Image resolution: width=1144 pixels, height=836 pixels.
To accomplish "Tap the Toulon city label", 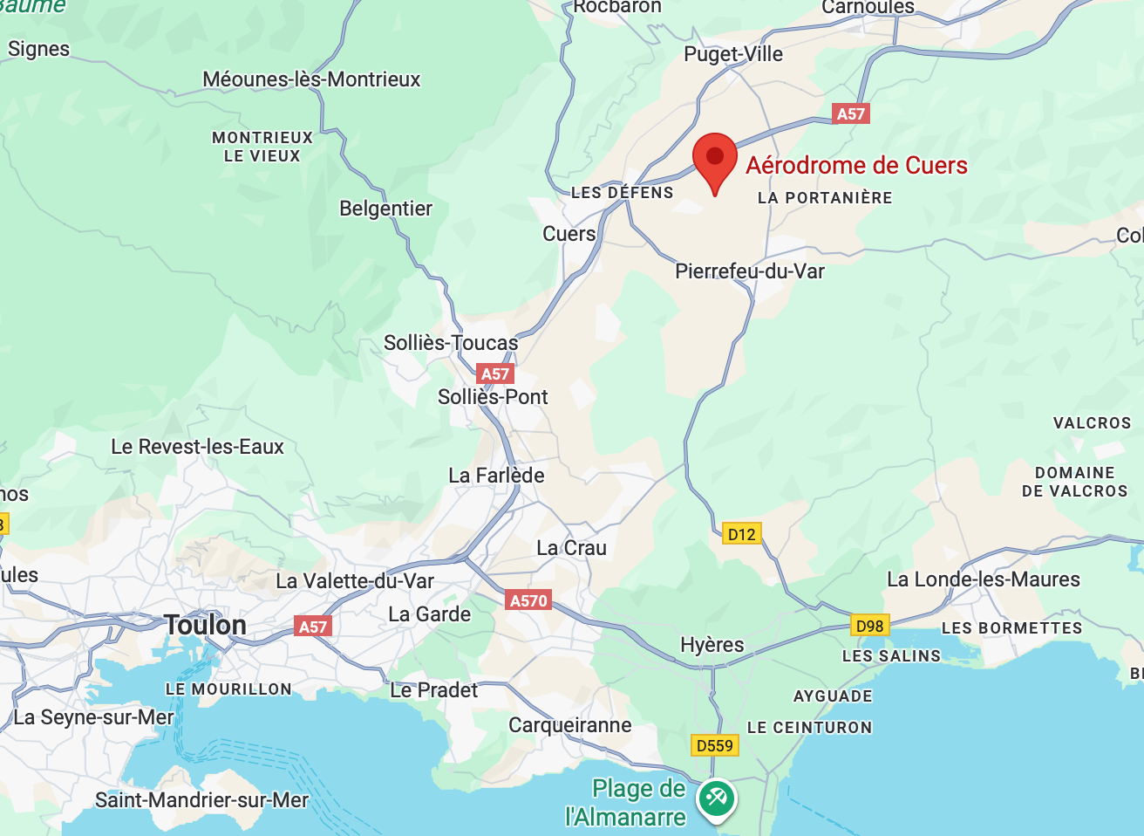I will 206,625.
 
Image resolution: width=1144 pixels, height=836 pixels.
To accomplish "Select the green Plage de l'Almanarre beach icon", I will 717,798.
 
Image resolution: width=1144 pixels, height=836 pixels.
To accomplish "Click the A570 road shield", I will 528,600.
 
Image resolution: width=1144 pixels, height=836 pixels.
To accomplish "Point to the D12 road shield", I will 741,534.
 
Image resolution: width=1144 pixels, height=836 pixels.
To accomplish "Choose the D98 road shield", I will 869,626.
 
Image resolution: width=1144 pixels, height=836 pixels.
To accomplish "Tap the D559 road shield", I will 715,745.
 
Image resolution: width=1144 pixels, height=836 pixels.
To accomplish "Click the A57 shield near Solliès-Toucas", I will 495,374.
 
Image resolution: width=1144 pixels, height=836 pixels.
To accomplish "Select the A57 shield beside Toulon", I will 313,627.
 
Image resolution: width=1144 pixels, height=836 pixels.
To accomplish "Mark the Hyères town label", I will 712,645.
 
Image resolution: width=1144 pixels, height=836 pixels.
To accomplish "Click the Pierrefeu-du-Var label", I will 749,271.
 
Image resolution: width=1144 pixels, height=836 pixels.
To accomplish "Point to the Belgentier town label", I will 385,209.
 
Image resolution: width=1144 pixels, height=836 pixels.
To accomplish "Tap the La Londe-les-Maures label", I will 983,579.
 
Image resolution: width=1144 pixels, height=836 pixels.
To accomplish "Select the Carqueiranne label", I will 569,725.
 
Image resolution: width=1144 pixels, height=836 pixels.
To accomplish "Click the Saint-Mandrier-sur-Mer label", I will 201,800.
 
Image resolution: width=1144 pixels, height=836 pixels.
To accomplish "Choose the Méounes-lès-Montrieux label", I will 311,79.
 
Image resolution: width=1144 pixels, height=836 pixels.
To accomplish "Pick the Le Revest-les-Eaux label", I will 197,447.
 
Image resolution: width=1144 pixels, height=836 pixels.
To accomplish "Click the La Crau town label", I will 571,548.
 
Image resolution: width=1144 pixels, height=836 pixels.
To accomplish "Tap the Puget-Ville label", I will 733,54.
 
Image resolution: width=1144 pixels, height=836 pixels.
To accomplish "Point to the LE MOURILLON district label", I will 228,689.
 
